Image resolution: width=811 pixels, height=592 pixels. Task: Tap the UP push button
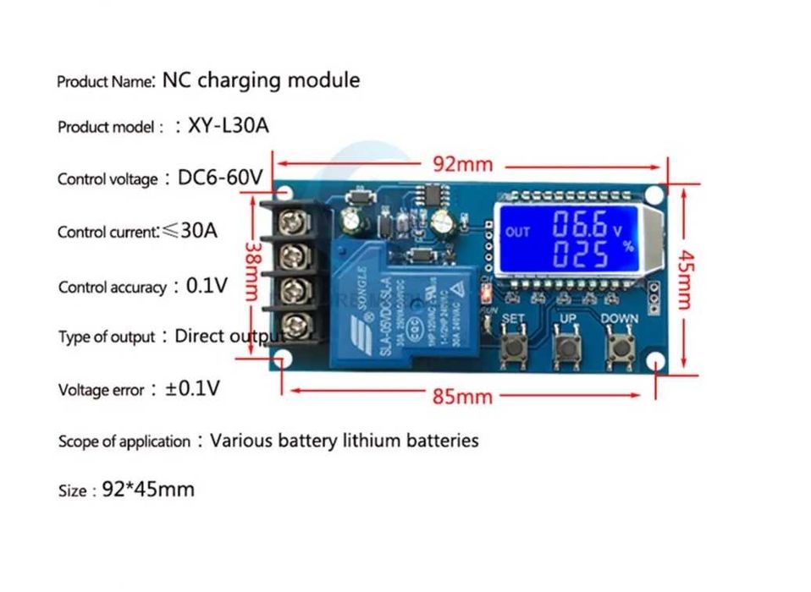click(x=567, y=348)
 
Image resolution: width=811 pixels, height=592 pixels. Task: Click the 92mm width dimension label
click(x=462, y=164)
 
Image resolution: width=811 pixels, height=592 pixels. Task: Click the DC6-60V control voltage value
click(x=220, y=178)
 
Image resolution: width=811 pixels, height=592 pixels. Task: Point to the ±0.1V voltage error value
click(x=192, y=389)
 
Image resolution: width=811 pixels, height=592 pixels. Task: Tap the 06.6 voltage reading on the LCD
click(x=580, y=225)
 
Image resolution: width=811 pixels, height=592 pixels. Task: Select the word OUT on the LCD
click(x=517, y=232)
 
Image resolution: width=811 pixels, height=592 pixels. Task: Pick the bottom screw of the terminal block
click(x=295, y=324)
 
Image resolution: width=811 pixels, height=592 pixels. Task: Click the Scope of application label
click(x=124, y=441)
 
